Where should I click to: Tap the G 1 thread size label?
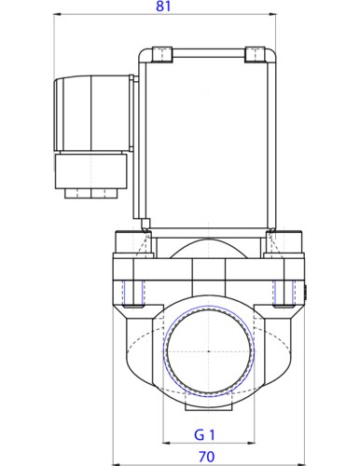[205, 433]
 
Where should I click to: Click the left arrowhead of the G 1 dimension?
[167, 443]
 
